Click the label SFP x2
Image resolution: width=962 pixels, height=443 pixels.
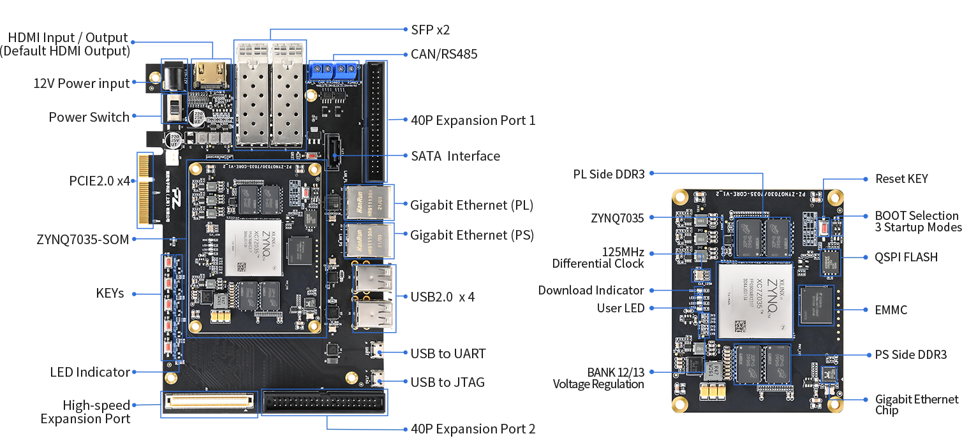click(431, 29)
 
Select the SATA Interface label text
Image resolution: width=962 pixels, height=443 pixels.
click(455, 156)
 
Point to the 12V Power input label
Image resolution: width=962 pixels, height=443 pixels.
click(81, 84)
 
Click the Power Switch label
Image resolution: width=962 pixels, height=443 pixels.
click(89, 117)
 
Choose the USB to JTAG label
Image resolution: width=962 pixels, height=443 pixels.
click(447, 382)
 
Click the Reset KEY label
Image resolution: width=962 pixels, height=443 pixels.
click(901, 178)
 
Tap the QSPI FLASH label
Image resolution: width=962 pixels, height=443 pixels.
click(906, 257)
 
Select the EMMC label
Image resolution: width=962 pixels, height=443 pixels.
click(890, 310)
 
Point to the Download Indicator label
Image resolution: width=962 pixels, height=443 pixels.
click(591, 290)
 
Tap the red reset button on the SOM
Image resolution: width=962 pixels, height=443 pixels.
click(824, 227)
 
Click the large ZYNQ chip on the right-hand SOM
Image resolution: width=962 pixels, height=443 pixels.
click(755, 300)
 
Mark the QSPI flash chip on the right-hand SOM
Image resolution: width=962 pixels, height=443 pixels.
click(831, 261)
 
